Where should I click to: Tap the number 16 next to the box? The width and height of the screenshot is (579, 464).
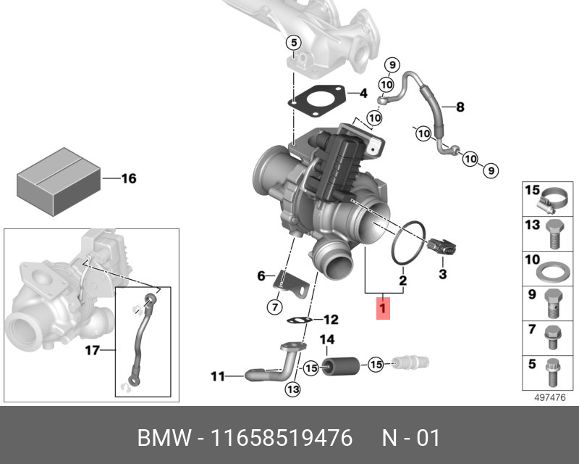[x=128, y=178]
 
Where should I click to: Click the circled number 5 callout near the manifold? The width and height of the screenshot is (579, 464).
[x=293, y=43]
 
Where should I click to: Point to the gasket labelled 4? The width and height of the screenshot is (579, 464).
[x=316, y=101]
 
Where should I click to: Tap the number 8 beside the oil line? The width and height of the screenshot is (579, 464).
[x=460, y=107]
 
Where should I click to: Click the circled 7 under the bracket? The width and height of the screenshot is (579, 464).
[x=274, y=307]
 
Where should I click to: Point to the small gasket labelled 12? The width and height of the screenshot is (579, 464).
[x=300, y=320]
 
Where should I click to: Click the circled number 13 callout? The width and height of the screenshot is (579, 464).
[x=292, y=390]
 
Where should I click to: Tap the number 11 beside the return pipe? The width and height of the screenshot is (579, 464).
[x=218, y=376]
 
